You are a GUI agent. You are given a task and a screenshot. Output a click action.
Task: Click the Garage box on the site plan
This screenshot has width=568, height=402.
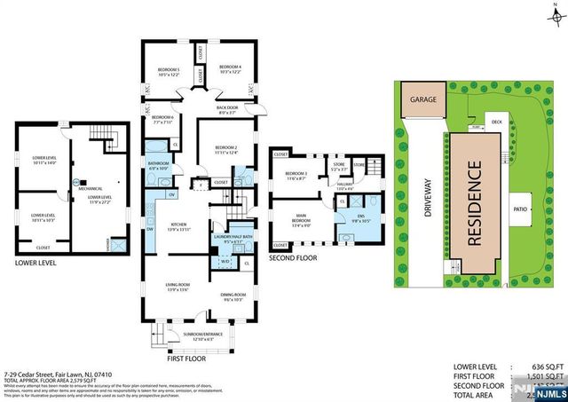click(x=422, y=101)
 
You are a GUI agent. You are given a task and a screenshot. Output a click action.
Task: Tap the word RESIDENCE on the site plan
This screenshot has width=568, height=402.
click(x=475, y=203)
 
